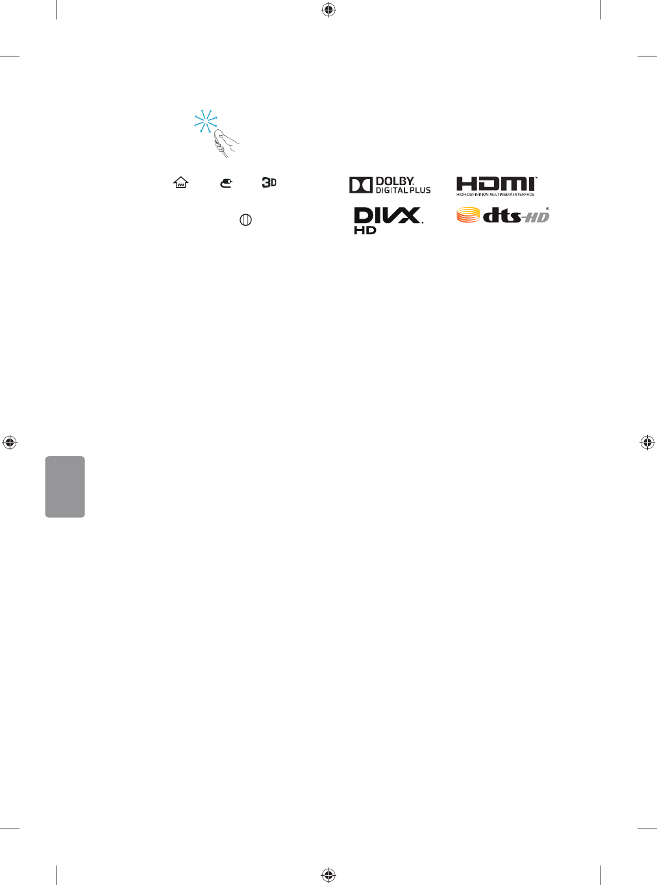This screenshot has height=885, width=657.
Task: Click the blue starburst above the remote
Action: pyautogui.click(x=206, y=121)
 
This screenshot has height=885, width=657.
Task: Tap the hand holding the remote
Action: pyautogui.click(x=225, y=144)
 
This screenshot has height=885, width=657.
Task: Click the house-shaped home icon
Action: pyautogui.click(x=180, y=183)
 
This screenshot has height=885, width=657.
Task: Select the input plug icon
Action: pyautogui.click(x=226, y=184)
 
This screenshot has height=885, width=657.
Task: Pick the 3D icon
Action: pyautogui.click(x=269, y=183)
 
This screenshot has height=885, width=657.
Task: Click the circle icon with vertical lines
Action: pyautogui.click(x=245, y=220)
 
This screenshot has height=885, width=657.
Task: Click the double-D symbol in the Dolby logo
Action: pyautogui.click(x=360, y=185)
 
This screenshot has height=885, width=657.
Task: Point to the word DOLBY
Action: pyautogui.click(x=395, y=181)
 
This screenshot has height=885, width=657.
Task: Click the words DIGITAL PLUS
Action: pyautogui.click(x=403, y=190)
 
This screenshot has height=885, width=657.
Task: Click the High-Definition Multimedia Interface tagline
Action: pyautogui.click(x=495, y=194)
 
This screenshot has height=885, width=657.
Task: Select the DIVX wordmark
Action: pyautogui.click(x=388, y=215)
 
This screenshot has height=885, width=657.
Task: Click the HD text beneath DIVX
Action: pyautogui.click(x=365, y=230)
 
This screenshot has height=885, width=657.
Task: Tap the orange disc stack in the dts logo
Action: pyautogui.click(x=468, y=215)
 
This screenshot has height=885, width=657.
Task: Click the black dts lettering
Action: pyautogui.click(x=503, y=215)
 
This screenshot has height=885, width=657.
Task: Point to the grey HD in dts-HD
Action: pyautogui.click(x=538, y=217)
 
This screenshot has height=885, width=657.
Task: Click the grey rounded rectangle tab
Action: pyautogui.click(x=65, y=487)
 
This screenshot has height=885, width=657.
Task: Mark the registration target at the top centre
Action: pyautogui.click(x=328, y=10)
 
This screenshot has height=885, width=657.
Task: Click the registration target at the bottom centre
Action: pyautogui.click(x=328, y=875)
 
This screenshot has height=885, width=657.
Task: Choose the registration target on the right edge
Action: pyautogui.click(x=647, y=442)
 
